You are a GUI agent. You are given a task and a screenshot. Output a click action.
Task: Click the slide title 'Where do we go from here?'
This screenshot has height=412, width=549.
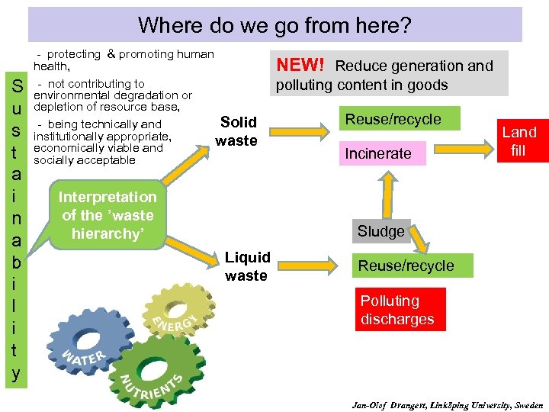point(274,26)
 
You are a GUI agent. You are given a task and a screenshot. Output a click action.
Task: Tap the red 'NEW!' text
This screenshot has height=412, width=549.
point(300,66)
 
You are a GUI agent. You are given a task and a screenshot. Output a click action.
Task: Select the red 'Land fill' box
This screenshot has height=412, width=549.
point(518,141)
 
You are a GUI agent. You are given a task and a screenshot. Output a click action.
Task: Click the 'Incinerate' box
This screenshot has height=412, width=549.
point(378,153)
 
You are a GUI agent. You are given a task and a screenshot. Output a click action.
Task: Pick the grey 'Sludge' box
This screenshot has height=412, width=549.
point(381,231)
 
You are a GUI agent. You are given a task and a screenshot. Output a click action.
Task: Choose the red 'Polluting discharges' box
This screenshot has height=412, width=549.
point(396,310)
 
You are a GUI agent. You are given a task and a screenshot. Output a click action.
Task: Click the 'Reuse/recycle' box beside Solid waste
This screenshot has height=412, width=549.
point(393,119)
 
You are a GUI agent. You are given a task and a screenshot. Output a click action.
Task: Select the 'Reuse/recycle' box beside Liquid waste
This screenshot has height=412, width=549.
point(406,266)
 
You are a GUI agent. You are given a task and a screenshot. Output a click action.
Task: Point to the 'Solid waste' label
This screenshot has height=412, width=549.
point(237,131)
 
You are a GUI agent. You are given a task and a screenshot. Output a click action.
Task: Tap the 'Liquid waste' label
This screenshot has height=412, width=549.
point(246,266)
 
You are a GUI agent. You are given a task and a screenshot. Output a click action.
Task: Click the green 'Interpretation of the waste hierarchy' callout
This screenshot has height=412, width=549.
point(108,215)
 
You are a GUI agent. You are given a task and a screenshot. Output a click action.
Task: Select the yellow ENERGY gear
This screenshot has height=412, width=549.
point(172,316)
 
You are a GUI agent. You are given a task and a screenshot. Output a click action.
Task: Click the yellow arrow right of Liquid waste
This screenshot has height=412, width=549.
point(313,264)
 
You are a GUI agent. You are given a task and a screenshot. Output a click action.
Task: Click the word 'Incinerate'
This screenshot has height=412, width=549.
point(378,153)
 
